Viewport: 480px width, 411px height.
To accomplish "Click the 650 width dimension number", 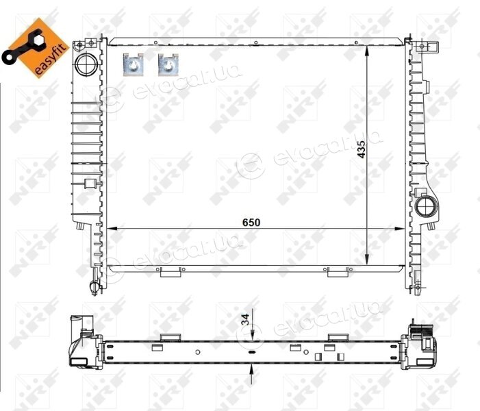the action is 251,223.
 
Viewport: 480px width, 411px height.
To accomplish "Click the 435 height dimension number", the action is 362,149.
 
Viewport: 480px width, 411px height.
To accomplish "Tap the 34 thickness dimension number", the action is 246,320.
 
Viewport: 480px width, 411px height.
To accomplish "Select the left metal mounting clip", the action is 133,64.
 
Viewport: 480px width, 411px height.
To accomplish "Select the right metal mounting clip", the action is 168,64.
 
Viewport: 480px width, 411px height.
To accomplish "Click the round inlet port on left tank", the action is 86,64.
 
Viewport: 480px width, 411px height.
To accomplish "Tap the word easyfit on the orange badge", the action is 51,60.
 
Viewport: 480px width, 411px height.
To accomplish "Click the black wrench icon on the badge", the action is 23,47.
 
